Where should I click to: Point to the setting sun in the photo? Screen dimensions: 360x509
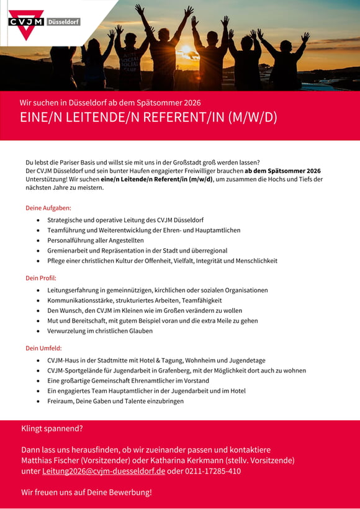click(186, 50)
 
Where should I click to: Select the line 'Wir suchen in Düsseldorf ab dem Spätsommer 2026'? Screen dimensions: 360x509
click(110, 102)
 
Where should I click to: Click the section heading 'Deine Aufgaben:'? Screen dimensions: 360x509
click(48, 208)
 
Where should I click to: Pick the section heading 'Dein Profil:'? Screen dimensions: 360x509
click(41, 278)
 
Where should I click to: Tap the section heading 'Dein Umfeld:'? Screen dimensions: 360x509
click(43, 348)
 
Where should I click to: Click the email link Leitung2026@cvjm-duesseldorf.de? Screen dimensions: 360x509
click(104, 471)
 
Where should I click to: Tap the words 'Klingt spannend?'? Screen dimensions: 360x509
click(52, 428)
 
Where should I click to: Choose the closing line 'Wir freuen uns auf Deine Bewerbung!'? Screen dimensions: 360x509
click(86, 492)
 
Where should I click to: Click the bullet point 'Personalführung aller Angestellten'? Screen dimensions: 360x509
click(96, 240)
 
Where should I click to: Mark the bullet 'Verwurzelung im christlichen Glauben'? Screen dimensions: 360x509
click(99, 331)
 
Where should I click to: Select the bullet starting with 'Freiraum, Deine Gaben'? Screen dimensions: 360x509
click(115, 401)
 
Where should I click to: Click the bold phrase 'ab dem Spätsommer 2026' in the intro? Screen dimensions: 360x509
click(282, 171)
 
